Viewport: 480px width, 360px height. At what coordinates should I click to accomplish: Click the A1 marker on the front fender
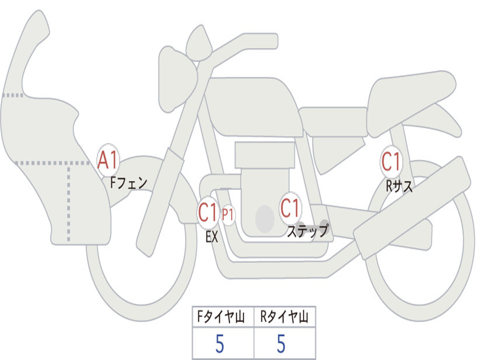(108, 160)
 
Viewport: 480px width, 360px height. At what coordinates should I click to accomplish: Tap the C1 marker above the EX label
(208, 212)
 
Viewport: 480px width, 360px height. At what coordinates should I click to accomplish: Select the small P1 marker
(228, 215)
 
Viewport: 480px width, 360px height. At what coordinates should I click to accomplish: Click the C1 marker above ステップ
(290, 208)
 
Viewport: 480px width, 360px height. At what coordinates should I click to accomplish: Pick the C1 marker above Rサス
(391, 161)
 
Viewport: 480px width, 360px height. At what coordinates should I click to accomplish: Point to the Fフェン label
(128, 183)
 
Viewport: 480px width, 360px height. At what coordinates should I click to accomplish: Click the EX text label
(211, 237)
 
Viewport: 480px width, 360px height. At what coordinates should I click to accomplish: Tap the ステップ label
(307, 231)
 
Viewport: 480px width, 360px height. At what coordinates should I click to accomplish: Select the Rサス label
(399, 186)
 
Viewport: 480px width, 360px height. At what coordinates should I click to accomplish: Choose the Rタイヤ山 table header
(285, 316)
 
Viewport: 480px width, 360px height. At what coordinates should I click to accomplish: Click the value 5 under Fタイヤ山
(220, 344)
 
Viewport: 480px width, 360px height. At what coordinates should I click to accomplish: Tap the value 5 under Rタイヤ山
(281, 344)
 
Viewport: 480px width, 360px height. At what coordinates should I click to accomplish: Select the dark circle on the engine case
(265, 219)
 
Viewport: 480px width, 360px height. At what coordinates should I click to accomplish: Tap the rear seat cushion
(410, 101)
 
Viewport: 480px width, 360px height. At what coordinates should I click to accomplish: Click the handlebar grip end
(270, 41)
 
